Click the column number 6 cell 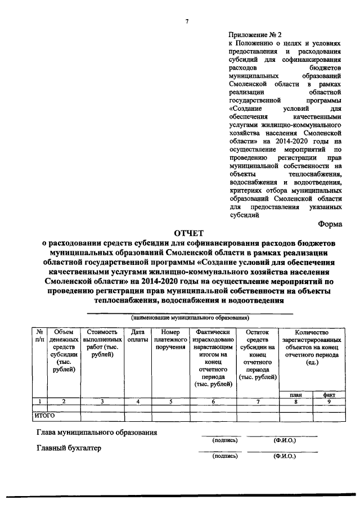click(213, 402)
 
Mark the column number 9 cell click(329, 402)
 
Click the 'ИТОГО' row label click(44, 416)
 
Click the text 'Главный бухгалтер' click(69, 449)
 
